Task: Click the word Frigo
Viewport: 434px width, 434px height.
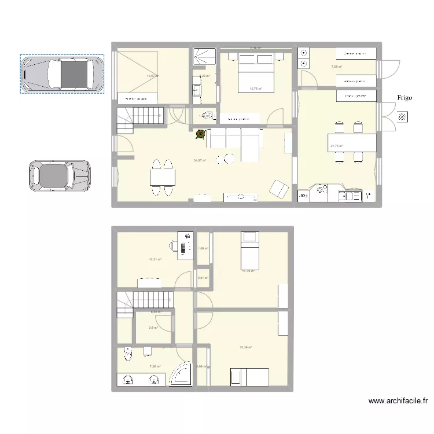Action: coord(404,98)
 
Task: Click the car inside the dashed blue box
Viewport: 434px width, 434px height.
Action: coord(62,73)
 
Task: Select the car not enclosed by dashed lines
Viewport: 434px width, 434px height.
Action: coord(60,175)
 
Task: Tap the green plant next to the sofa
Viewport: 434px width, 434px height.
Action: coord(200,135)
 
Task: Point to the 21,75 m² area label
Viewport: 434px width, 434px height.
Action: coord(336,146)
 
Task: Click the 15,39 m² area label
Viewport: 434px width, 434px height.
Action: coord(245,347)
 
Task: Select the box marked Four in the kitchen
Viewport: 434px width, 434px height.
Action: coord(303,196)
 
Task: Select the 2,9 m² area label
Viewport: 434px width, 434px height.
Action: coord(152,328)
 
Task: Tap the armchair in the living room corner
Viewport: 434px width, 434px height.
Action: coord(280,189)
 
